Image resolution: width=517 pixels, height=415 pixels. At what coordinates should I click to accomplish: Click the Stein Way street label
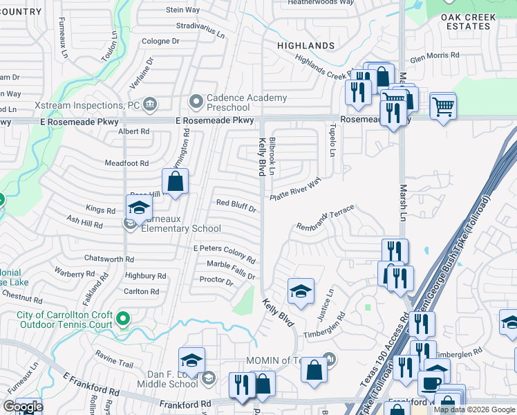(183, 10)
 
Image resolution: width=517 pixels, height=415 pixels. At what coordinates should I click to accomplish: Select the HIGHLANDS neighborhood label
(305, 46)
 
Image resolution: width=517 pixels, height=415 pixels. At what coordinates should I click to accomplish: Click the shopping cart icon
(443, 107)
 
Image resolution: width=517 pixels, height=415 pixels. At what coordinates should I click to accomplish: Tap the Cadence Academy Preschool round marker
(196, 103)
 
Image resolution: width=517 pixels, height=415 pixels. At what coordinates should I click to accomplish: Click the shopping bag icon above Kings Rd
(176, 182)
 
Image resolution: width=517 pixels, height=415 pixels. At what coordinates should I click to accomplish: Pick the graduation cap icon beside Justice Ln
(301, 291)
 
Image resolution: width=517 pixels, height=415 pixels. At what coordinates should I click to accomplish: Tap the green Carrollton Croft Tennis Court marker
(123, 319)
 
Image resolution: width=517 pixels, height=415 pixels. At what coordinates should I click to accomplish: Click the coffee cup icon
(433, 383)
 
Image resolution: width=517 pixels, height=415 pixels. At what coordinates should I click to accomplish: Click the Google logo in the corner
(23, 407)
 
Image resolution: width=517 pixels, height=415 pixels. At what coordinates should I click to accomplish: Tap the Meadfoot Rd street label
(126, 163)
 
